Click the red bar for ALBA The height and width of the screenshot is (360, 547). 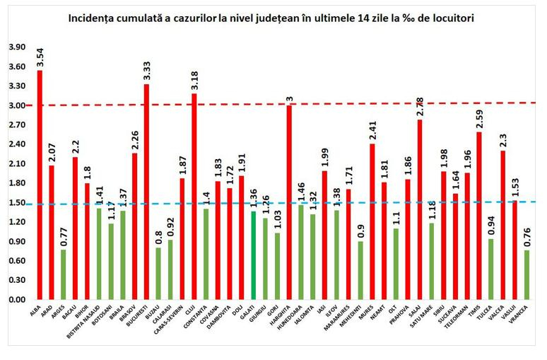40,185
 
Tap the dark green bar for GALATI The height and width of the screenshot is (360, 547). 253,255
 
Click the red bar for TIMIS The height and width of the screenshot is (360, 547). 478,216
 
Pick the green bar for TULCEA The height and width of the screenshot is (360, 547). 490,269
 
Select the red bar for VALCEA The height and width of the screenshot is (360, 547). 502,225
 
